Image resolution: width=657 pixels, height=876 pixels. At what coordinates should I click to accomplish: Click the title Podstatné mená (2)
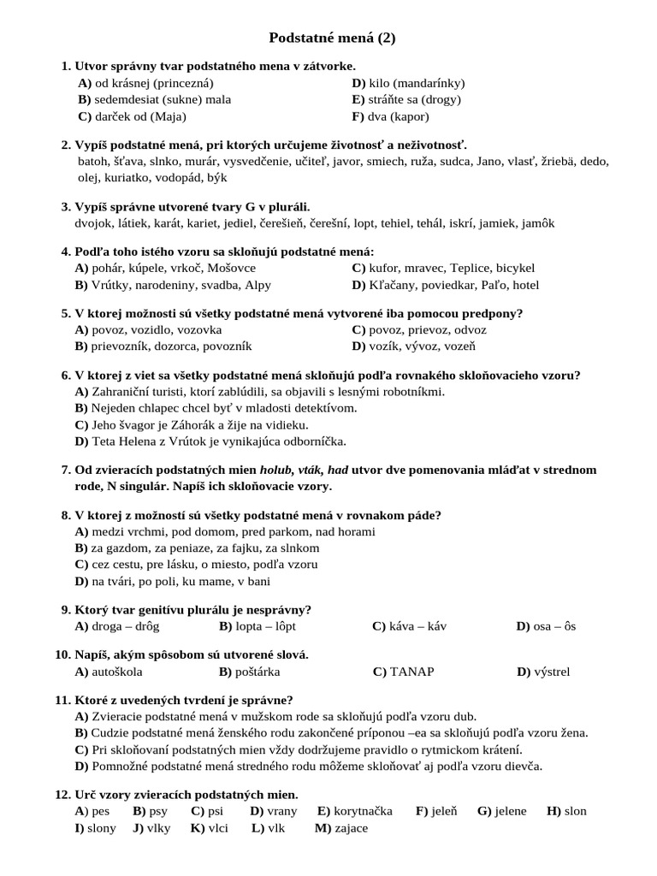coord(332,38)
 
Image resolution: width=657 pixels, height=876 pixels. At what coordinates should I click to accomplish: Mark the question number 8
coord(66,515)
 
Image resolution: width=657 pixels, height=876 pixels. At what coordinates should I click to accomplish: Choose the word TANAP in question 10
coord(411,672)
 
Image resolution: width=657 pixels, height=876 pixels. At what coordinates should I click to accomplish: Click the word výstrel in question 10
coord(553,672)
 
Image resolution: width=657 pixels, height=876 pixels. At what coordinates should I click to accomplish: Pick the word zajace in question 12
coord(351,828)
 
